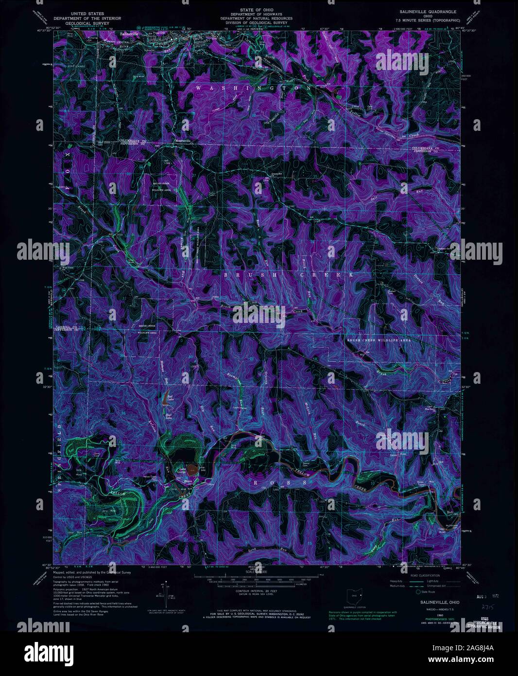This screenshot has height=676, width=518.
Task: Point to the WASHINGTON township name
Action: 253,88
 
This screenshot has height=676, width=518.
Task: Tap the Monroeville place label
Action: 183,141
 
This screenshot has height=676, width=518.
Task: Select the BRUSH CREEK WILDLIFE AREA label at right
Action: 379,340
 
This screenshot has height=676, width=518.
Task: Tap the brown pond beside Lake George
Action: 193,470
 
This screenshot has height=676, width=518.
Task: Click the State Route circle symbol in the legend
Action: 417,592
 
